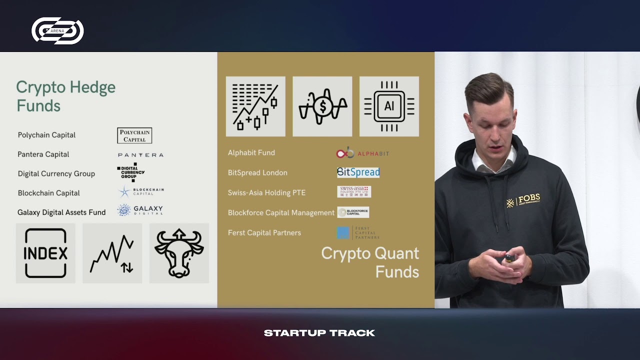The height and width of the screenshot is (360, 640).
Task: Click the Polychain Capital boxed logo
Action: tap(134, 135)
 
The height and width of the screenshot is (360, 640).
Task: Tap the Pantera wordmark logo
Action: tap(140, 155)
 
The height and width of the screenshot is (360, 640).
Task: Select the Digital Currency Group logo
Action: tap(131, 172)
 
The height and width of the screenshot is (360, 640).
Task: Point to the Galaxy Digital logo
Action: tap(140, 210)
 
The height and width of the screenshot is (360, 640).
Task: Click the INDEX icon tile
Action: tap(45, 253)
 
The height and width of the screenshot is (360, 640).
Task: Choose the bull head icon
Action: tap(179, 253)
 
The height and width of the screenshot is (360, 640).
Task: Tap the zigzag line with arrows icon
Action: tap(112, 253)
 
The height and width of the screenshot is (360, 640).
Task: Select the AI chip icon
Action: tap(389, 106)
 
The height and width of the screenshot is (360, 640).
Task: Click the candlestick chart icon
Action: tap(255, 106)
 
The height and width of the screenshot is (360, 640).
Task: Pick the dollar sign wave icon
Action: tap(322, 106)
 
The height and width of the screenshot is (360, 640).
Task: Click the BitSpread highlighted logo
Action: tap(358, 172)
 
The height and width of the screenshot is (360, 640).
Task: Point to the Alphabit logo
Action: tap(362, 153)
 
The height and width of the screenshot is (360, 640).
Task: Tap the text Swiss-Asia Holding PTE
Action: tap(266, 192)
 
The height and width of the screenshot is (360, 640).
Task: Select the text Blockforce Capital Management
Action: tap(281, 212)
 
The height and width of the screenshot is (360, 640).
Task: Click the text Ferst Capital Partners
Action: tap(264, 232)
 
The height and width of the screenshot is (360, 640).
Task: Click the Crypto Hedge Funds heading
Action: tap(65, 96)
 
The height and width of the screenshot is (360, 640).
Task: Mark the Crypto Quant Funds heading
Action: tap(370, 262)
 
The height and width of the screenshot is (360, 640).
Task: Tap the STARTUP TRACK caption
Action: tap(319, 333)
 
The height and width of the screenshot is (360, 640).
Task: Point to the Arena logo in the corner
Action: tap(57, 30)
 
